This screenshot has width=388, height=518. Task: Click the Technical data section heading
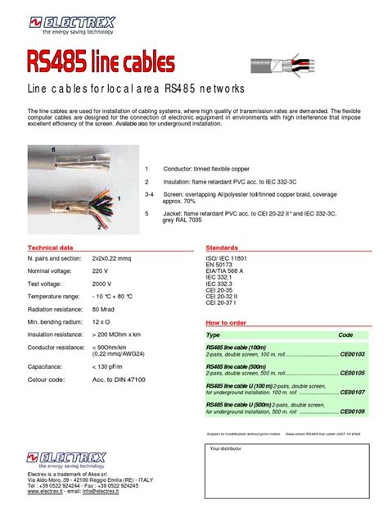tap(51, 247)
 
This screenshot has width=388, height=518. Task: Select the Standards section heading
tap(222, 247)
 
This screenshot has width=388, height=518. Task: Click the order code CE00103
tap(353, 354)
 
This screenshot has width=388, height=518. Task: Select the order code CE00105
tap(353, 373)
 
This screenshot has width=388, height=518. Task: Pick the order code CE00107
tap(353, 392)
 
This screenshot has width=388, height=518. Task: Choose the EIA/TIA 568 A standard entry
tap(228, 271)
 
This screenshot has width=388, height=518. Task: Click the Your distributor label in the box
tap(228, 449)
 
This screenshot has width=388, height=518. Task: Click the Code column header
tap(345, 335)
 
